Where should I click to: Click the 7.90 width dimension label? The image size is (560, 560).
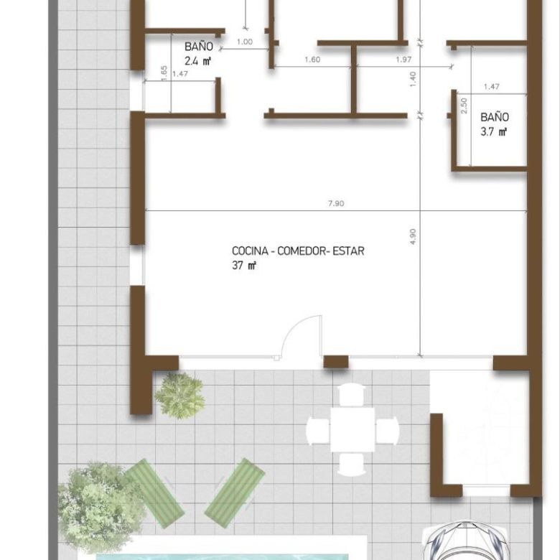[336, 203]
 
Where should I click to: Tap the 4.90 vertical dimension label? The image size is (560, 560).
[413, 236]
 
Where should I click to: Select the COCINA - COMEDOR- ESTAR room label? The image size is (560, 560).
[298, 251]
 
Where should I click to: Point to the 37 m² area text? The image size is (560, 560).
[244, 266]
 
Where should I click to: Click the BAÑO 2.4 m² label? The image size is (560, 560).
[199, 54]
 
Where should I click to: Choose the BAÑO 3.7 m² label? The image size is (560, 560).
[494, 124]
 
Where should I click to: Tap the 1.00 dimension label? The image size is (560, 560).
[245, 42]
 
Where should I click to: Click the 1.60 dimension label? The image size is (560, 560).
[312, 60]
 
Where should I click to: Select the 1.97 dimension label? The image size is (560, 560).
[403, 60]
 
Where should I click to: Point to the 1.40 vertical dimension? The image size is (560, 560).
[413, 79]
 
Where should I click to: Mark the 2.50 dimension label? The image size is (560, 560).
[464, 106]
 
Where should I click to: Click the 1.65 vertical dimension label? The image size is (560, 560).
[164, 73]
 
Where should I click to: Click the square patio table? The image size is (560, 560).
[353, 430]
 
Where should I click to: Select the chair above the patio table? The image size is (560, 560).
[351, 394]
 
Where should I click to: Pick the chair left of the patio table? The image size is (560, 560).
[318, 430]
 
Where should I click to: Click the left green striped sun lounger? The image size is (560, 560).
[154, 493]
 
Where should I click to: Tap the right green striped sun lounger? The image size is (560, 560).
[235, 493]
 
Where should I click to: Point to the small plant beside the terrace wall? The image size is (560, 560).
[180, 396]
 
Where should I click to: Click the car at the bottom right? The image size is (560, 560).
[464, 541]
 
